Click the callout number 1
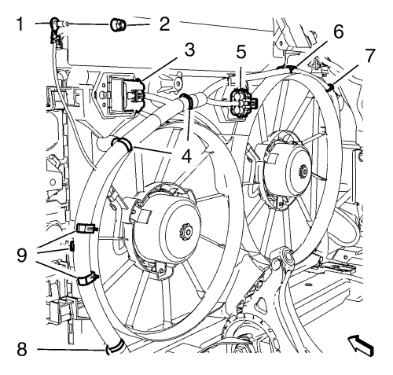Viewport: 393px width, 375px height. [20, 24]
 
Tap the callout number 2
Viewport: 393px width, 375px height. [164, 24]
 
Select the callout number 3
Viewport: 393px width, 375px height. [189, 50]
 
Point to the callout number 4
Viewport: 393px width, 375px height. [186, 156]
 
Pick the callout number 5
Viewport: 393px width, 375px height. [241, 52]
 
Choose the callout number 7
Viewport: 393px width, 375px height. [369, 55]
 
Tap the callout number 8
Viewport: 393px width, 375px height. [22, 349]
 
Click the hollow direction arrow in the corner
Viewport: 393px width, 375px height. [360, 344]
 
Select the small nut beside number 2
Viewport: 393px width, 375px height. [118, 24]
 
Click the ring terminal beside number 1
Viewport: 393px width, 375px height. [54, 23]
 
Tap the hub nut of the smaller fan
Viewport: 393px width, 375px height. [303, 171]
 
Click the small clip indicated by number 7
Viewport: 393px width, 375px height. [330, 87]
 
